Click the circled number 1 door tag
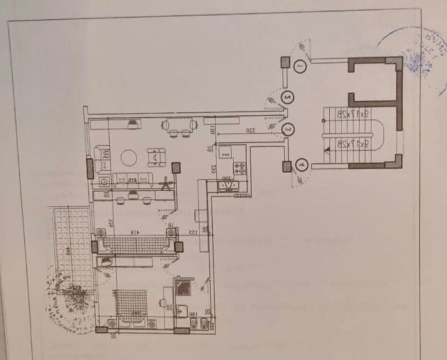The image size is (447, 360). click(x=300, y=67)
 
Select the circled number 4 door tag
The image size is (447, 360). click(x=302, y=165)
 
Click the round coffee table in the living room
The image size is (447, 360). click(x=129, y=157)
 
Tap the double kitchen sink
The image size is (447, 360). click(x=228, y=186)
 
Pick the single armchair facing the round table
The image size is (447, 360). click(x=156, y=157)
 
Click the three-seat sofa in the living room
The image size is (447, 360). click(x=133, y=179)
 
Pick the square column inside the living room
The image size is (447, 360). click(x=176, y=167)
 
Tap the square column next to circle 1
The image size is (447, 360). click(x=285, y=62)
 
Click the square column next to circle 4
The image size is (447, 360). click(x=287, y=166)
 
